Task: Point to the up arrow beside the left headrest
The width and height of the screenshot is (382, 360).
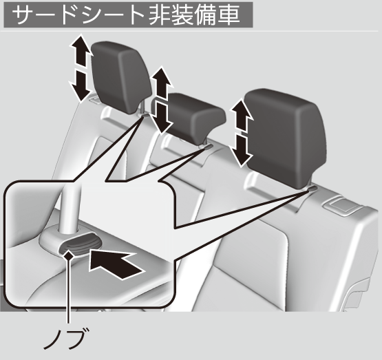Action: click(x=81, y=50)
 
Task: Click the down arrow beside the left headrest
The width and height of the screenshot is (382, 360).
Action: click(x=81, y=85)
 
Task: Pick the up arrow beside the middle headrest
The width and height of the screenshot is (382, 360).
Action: click(x=161, y=83)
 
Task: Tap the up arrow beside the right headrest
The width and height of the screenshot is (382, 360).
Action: click(x=242, y=115)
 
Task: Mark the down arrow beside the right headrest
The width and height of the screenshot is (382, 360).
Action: click(x=242, y=151)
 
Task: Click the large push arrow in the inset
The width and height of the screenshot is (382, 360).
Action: click(x=114, y=265)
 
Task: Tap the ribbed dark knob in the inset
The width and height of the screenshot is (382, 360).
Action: click(x=81, y=244)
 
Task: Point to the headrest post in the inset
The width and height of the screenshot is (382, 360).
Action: click(x=70, y=209)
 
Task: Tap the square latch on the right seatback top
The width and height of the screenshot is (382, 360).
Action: click(x=343, y=205)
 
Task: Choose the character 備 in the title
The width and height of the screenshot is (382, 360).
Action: click(x=206, y=14)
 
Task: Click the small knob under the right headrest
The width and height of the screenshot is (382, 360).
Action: click(x=312, y=189)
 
